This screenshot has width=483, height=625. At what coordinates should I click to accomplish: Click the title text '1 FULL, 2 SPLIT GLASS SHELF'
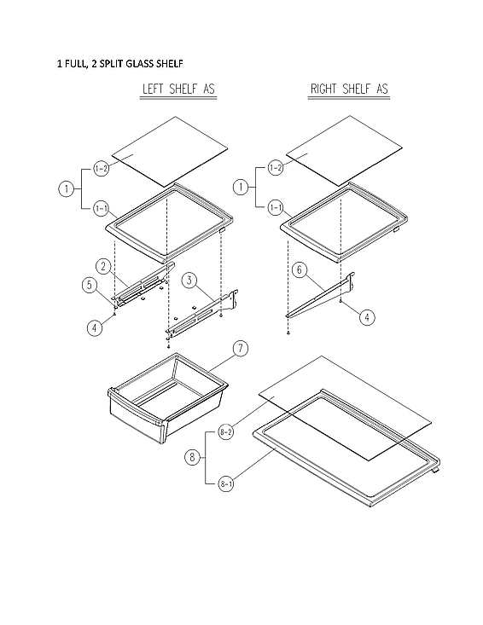[119, 64]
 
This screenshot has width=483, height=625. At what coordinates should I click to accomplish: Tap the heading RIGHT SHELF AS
[347, 90]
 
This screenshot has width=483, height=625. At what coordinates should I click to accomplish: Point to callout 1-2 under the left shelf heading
[101, 169]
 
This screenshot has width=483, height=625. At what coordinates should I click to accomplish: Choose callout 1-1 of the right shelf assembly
[275, 207]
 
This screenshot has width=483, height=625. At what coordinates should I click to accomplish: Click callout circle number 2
[102, 266]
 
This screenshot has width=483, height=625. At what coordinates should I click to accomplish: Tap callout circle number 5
[89, 286]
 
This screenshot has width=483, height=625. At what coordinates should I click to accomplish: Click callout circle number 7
[241, 348]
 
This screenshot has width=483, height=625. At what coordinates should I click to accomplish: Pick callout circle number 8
[193, 458]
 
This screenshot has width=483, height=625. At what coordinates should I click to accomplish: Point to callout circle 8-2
[226, 431]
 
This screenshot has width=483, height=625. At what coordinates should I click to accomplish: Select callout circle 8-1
[226, 484]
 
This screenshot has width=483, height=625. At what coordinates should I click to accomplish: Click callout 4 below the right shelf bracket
[365, 317]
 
